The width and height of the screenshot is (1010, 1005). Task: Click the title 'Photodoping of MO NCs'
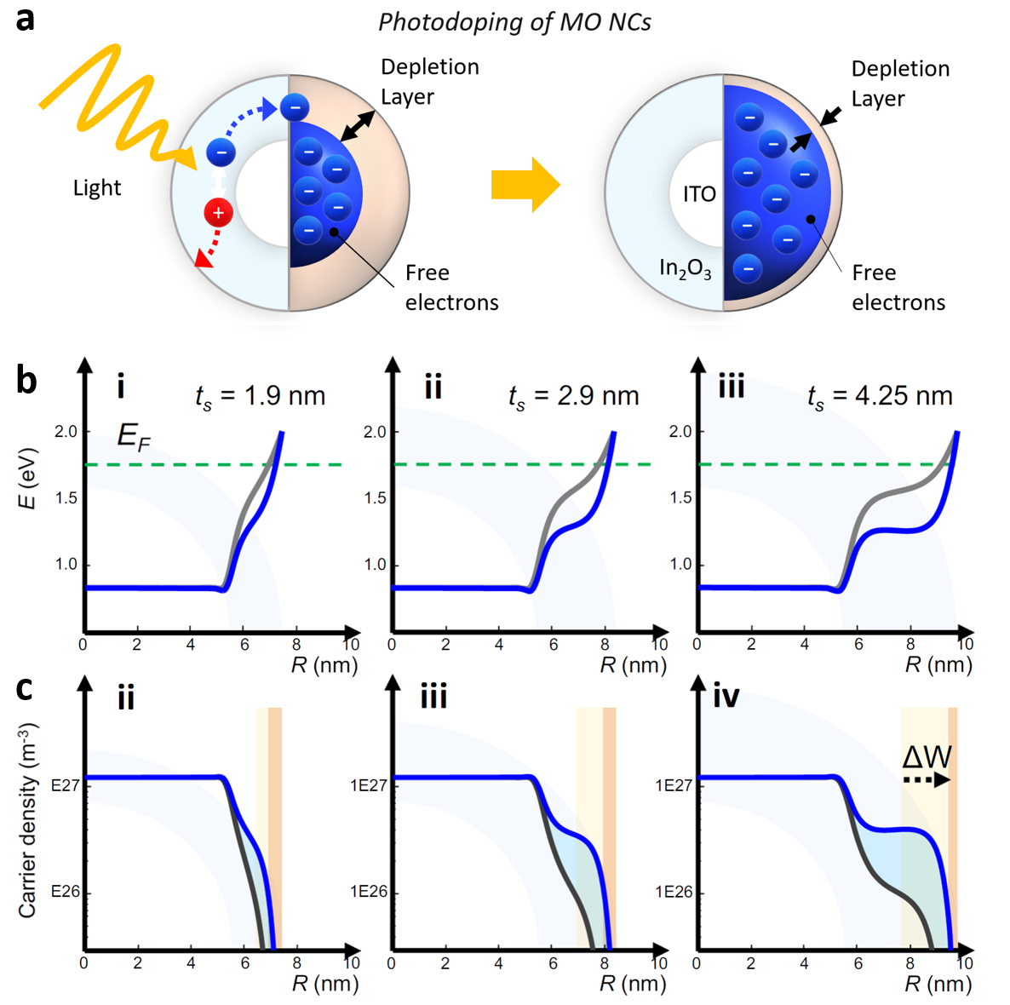tap(514, 22)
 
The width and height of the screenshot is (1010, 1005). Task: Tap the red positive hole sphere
tap(218, 212)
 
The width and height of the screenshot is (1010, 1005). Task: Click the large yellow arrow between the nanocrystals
tap(525, 184)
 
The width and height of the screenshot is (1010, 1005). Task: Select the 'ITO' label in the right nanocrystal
tap(699, 194)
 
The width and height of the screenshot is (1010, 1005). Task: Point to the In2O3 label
tap(685, 269)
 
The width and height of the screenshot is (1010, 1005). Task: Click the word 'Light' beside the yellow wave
tap(97, 188)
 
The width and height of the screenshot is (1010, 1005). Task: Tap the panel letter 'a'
tap(26, 19)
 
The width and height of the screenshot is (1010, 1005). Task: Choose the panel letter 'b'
tap(26, 380)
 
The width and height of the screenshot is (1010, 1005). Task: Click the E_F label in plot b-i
tap(134, 437)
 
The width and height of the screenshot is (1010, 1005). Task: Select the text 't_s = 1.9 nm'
tap(260, 396)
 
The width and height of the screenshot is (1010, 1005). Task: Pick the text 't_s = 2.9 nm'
tap(573, 396)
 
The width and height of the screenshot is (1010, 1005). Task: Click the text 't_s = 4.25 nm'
tap(880, 396)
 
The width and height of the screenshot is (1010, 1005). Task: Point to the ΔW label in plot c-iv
tap(927, 756)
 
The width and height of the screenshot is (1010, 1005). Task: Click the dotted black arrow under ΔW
tap(927, 779)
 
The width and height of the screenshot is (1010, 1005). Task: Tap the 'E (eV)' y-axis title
tap(28, 478)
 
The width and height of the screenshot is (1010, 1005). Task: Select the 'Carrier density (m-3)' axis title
tap(28, 820)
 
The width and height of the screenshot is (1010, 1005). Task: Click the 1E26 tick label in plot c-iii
tap(368, 892)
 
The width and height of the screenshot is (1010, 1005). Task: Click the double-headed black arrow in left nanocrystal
tap(357, 126)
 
